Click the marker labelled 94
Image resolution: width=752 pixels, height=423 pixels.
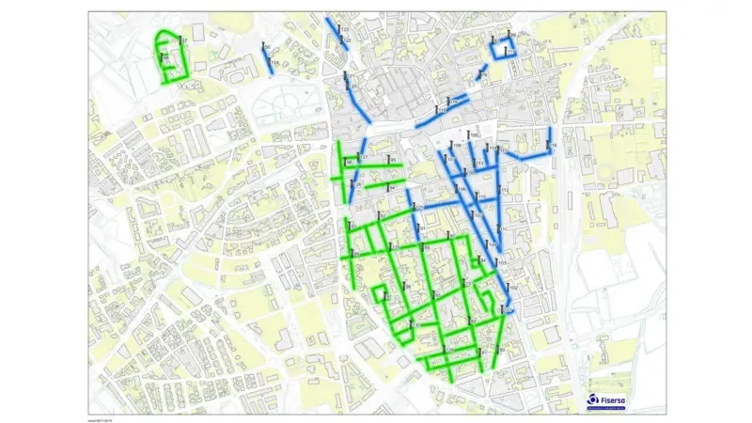390,186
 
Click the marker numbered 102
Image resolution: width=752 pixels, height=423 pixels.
511,287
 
